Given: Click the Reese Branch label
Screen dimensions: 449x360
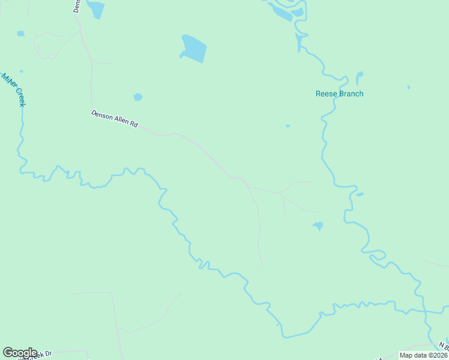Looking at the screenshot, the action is point(339,94).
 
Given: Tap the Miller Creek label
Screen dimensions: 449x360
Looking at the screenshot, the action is point(14,90).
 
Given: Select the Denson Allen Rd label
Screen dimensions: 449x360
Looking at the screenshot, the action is point(115,119).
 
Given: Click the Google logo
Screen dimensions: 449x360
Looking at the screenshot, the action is point(20,353).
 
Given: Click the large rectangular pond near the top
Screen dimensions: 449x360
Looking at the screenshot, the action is point(193,49).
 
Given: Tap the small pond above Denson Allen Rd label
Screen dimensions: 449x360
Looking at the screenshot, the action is point(137,97).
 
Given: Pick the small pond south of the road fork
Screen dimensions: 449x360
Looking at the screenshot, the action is point(318,226).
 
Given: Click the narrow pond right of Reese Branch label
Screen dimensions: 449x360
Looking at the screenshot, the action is point(359,78).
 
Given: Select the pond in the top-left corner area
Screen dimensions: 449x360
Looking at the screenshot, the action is point(21,34).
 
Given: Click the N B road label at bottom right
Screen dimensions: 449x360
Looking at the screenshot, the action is point(443,347).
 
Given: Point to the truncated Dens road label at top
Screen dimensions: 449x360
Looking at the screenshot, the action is point(77,6).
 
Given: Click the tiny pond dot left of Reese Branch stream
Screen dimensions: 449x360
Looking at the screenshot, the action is point(288,126).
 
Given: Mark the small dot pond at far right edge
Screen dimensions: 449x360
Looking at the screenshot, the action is point(409,88).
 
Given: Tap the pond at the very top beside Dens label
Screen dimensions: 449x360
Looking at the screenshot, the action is point(95,9).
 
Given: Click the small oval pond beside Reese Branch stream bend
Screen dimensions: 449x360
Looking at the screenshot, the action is point(360,194).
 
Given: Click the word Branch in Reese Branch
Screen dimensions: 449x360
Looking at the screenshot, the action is point(351,94).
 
